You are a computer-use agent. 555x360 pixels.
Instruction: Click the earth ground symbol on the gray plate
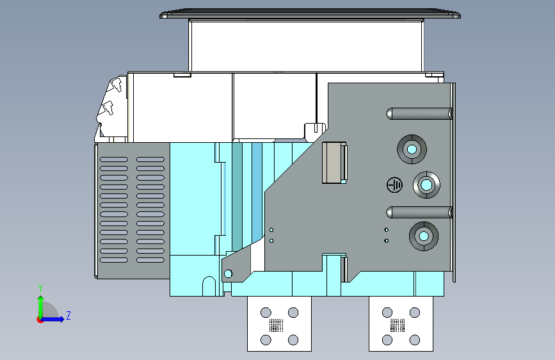point(395,185)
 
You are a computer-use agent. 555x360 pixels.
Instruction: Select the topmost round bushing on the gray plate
point(411,149)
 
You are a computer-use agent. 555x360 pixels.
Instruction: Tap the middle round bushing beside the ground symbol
point(426,185)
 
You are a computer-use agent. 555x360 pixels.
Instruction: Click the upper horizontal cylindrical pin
point(419,114)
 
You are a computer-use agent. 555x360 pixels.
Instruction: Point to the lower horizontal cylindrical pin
point(419,212)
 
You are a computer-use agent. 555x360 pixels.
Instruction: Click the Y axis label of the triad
point(40,288)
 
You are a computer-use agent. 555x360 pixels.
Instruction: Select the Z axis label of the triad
point(68,315)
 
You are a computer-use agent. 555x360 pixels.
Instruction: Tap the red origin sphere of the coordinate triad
point(40,319)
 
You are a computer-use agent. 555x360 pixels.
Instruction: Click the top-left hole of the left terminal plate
point(265,313)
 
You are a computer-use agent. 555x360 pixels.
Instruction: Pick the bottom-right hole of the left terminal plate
point(293,339)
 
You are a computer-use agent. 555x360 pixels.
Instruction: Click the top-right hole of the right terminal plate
point(415,313)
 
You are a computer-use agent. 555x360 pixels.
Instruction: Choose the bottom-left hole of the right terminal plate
point(387,339)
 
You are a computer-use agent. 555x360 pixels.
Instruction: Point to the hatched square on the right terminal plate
point(398,325)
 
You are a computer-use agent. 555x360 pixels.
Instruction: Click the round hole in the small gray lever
point(228,274)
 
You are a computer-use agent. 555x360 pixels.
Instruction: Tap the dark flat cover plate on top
point(310,14)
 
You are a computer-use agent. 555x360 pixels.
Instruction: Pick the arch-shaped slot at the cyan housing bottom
point(209,286)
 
